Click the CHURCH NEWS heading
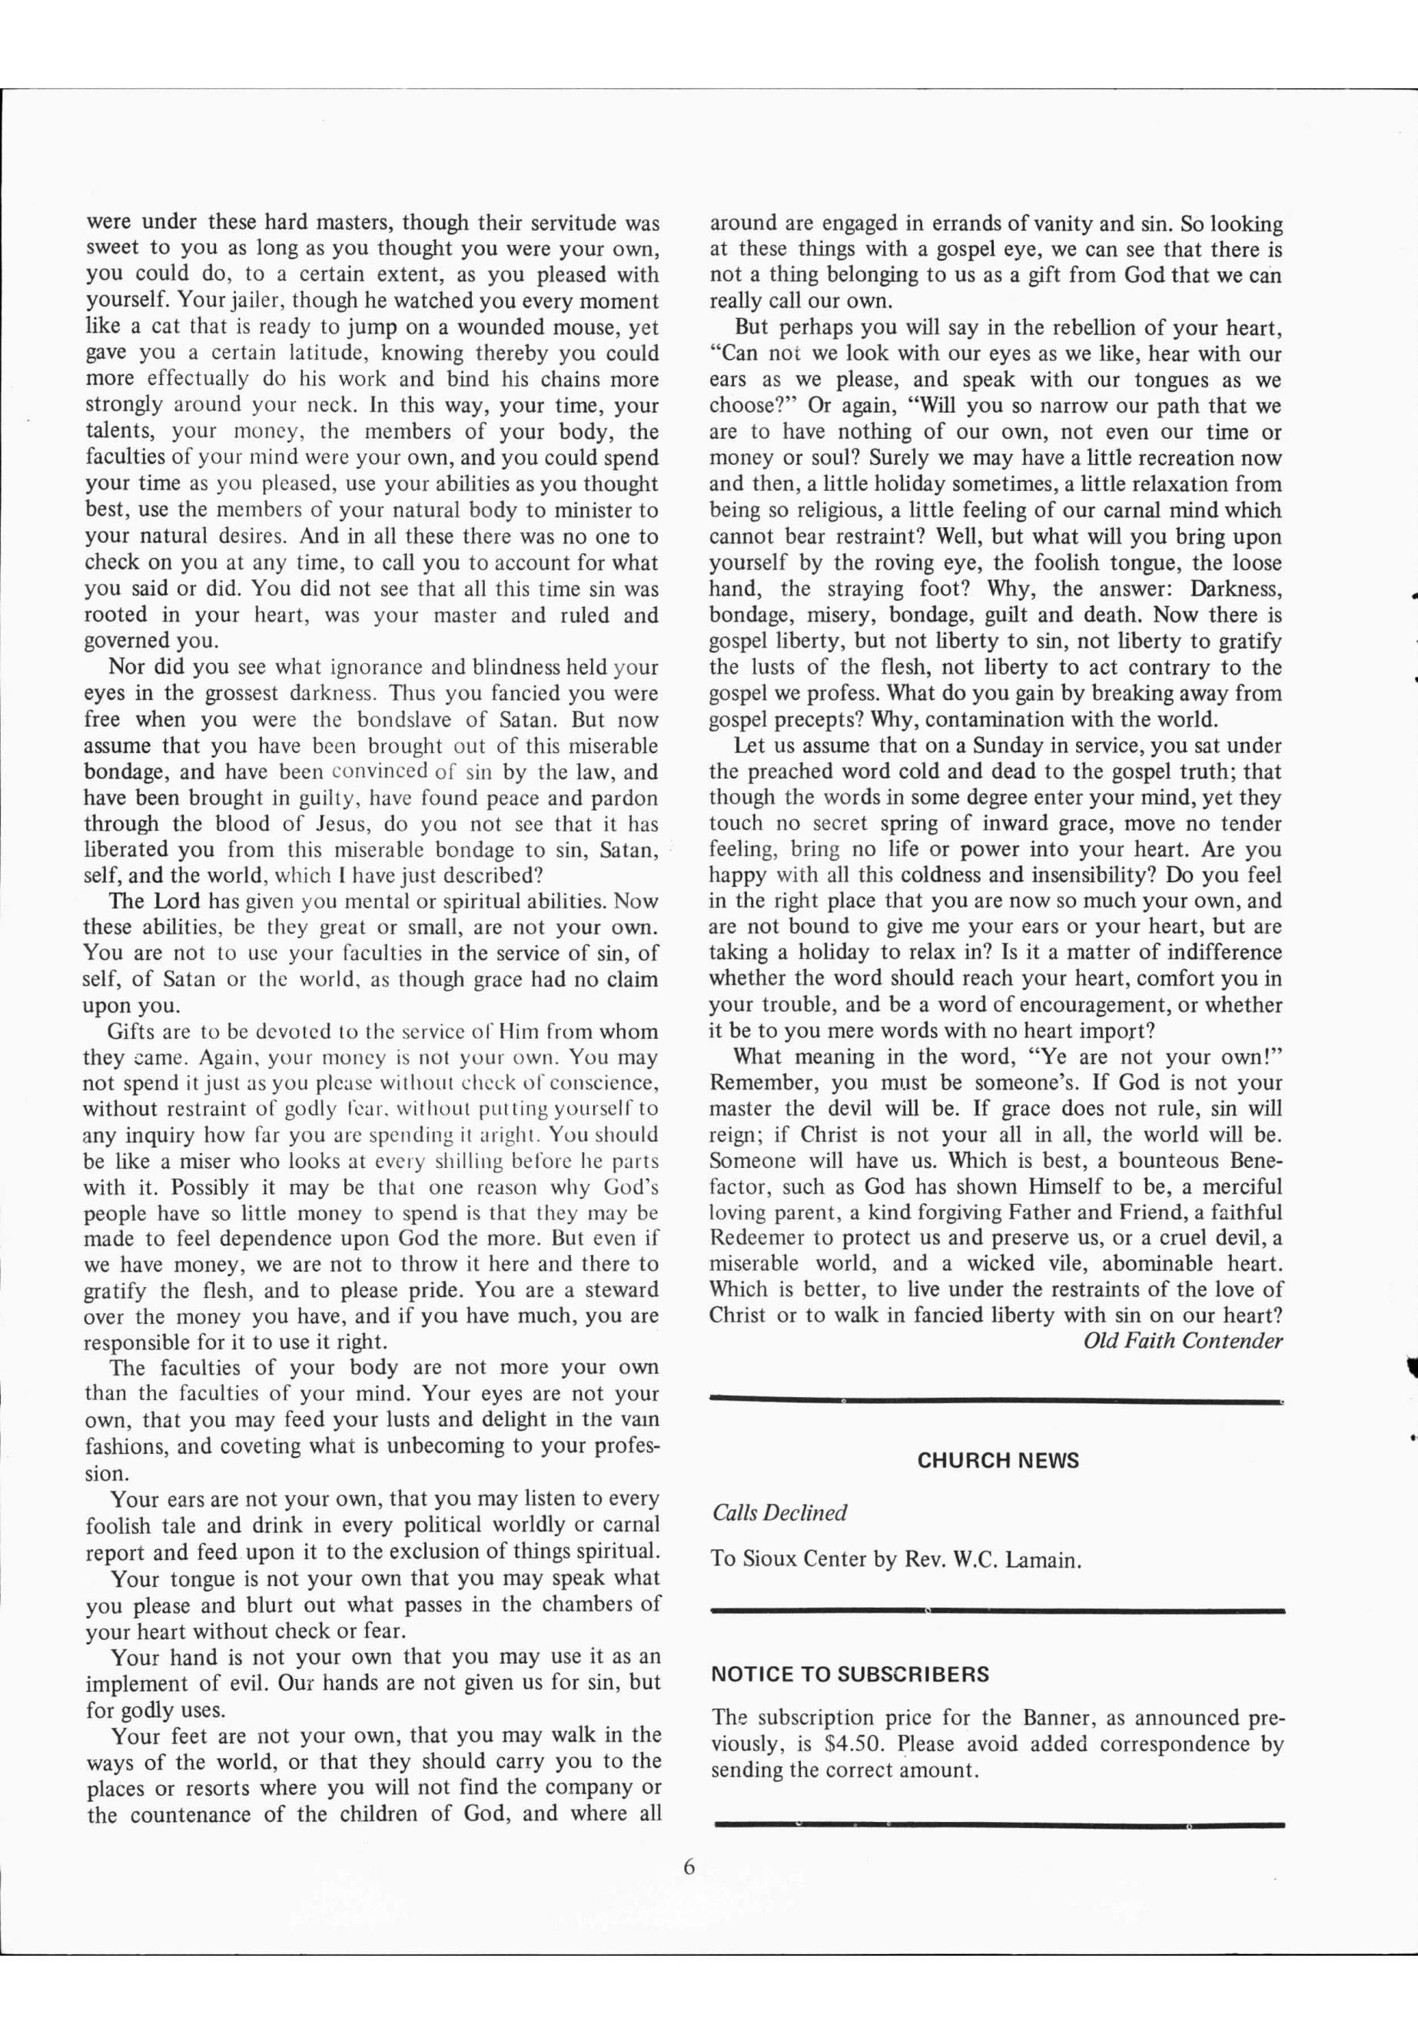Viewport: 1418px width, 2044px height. [997, 1460]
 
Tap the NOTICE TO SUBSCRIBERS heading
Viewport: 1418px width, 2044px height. [849, 1674]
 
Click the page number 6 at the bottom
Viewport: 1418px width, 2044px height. [689, 1866]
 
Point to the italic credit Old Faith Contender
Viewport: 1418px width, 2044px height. [1183, 1340]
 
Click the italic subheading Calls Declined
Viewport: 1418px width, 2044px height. [779, 1513]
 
